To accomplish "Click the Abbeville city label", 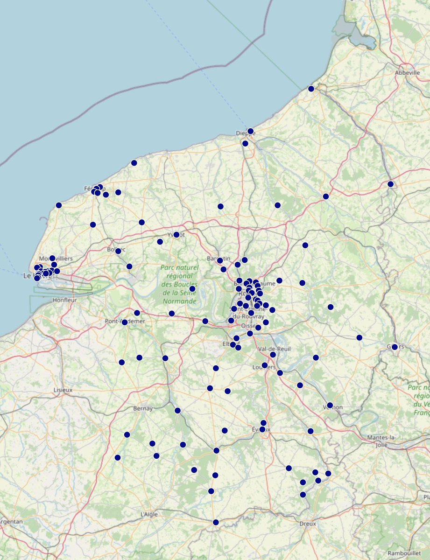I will coord(407,73).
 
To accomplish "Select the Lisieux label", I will coord(63,389).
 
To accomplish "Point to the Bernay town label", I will coord(143,409).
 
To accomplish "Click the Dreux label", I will coord(307,524).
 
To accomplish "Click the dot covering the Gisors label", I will coord(395,347).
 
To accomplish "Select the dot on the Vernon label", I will coord(330,405).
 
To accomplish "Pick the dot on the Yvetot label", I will coord(176,235).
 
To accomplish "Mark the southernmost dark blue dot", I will coord(216,522).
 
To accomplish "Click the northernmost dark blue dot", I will coord(311,89).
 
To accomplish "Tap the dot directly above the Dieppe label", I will coord(251,131).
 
